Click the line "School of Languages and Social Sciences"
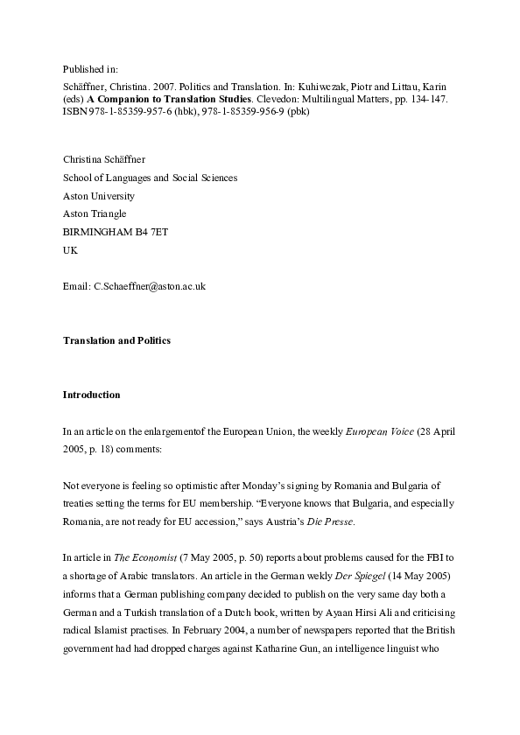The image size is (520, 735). coord(150,178)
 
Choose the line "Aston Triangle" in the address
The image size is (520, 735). coord(95,213)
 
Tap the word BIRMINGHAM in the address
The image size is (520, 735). coord(99,231)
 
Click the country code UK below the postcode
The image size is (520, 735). coord(70,249)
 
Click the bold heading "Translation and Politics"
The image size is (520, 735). coord(116,340)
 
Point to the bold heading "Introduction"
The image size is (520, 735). coord(91,395)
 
